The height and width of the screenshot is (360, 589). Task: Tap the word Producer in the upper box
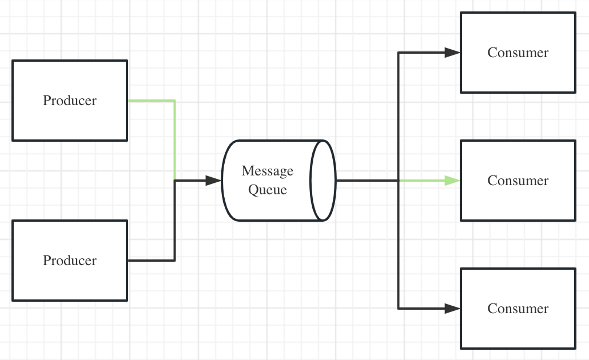[70, 101]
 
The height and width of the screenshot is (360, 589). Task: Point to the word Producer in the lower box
[70, 261]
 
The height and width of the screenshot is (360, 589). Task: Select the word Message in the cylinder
[268, 171]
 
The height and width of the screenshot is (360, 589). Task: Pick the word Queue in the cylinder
[268, 190]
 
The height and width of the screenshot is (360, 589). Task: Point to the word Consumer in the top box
[518, 53]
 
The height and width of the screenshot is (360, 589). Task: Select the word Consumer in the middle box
[518, 181]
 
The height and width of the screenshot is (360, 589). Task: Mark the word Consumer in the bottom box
[518, 309]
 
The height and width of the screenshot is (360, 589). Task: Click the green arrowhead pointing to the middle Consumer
[452, 181]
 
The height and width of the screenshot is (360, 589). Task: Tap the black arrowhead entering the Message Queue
[213, 181]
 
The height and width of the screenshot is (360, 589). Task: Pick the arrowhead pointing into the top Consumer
[452, 53]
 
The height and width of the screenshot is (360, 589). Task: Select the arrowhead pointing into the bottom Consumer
[452, 309]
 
